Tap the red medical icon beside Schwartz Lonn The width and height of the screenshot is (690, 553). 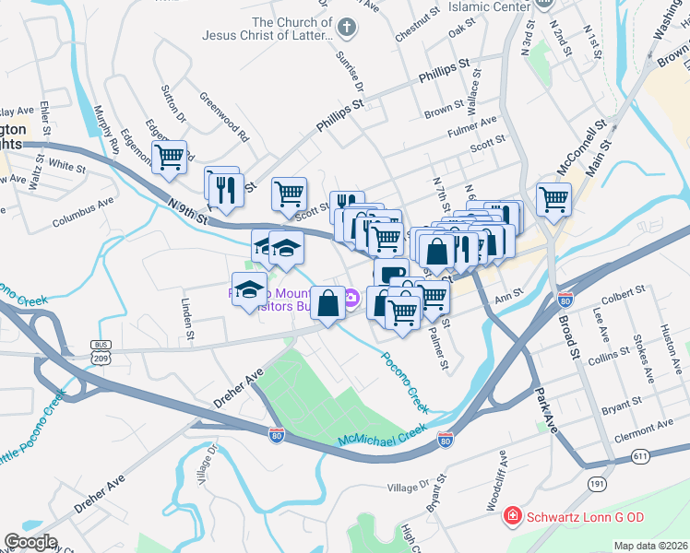(x=511, y=518)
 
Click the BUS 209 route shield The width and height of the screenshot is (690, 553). (x=101, y=351)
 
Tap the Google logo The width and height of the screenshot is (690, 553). (x=30, y=542)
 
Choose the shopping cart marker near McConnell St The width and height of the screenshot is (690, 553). (x=553, y=198)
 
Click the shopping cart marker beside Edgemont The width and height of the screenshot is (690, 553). (x=169, y=158)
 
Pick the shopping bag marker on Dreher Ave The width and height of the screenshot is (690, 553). (x=328, y=302)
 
